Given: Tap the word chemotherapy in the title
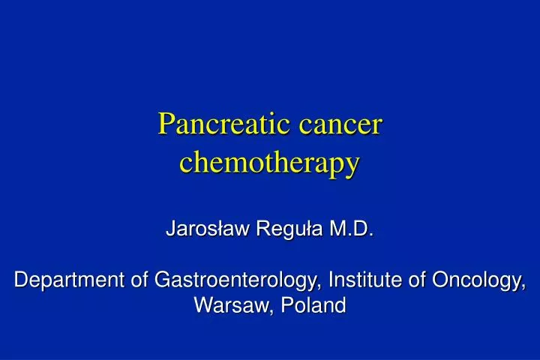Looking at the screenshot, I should click(270, 161).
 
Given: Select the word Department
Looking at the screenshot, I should click(69, 280).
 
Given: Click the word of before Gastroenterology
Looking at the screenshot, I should click(139, 280).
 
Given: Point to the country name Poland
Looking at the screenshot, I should click(315, 306).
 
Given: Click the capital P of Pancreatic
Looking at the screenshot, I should click(166, 123).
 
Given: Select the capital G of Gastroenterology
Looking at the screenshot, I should click(163, 280).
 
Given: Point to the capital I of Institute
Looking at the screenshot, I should click(333, 280).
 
